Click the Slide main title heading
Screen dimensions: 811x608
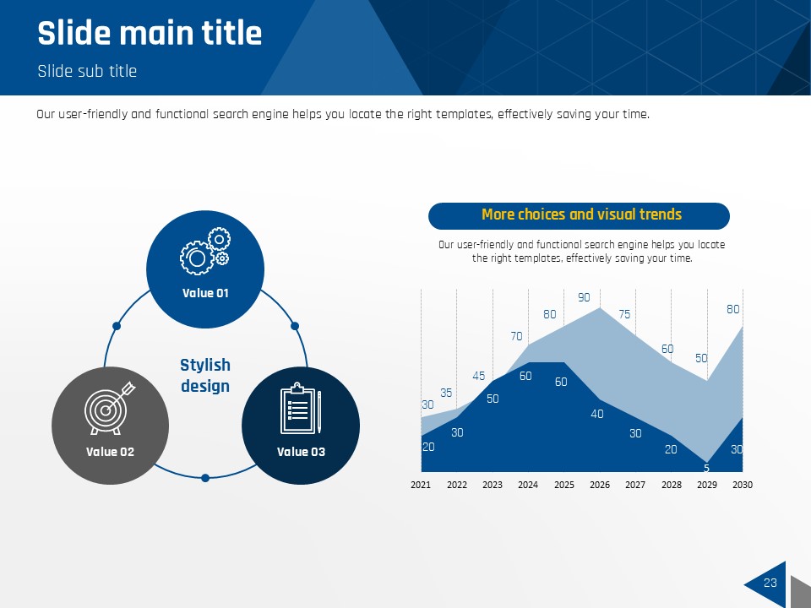click(150, 33)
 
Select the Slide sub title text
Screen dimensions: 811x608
click(87, 71)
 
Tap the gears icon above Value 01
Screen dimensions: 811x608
click(205, 251)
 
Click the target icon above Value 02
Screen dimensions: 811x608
click(110, 408)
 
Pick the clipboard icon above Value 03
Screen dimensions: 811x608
click(301, 408)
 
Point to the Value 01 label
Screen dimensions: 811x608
click(205, 293)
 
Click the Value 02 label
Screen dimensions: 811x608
click(110, 452)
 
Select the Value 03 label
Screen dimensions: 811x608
click(301, 452)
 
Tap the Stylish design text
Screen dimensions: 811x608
click(205, 375)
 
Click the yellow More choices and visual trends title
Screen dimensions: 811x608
click(581, 214)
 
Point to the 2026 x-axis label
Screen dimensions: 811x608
click(600, 485)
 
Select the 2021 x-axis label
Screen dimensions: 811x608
click(421, 485)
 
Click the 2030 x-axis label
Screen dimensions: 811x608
click(743, 485)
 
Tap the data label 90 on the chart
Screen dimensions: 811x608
click(584, 297)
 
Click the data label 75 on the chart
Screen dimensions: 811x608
click(624, 314)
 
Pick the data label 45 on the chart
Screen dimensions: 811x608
click(478, 376)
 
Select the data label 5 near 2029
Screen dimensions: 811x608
click(706, 468)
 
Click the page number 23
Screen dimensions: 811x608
click(770, 583)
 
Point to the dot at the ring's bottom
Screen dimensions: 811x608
click(205, 478)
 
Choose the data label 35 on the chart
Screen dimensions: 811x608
click(446, 393)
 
